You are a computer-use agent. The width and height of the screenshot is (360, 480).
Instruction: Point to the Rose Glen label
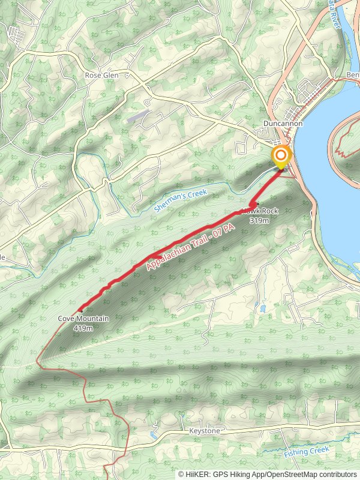point(101,76)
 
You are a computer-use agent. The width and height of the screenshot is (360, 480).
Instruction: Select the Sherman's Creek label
point(180,200)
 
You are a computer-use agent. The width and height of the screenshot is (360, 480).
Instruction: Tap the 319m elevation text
point(260,221)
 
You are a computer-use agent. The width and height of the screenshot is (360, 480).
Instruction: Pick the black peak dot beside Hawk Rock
point(256,203)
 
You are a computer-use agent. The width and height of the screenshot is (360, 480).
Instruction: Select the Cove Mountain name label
point(83,319)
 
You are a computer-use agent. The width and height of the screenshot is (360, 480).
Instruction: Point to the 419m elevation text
point(83,328)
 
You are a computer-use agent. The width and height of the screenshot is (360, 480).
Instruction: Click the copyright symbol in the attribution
point(181,475)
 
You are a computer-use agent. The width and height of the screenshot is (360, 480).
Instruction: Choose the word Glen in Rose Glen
point(110,76)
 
